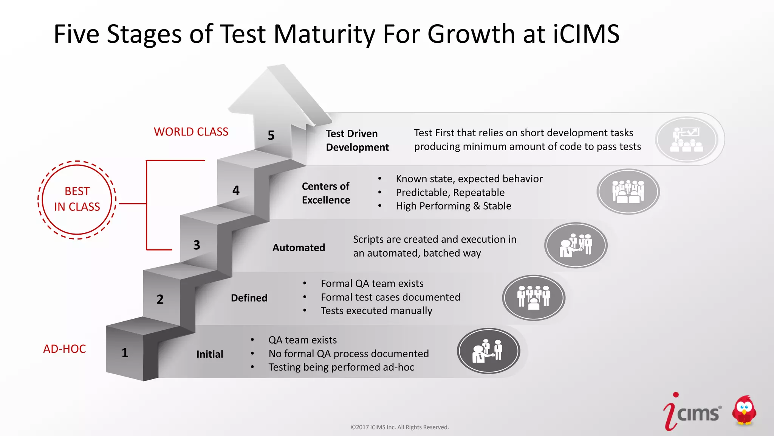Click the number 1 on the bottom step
(x=125, y=353)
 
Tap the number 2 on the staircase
(x=160, y=299)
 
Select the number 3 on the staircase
(x=197, y=245)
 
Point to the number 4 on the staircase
(x=236, y=190)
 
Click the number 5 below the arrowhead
(x=271, y=135)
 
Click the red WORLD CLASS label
(x=191, y=132)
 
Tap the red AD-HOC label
(x=65, y=349)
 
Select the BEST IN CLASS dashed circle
(x=77, y=199)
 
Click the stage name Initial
(x=210, y=354)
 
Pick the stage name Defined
(x=249, y=298)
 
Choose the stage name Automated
(x=299, y=248)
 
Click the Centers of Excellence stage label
(x=326, y=193)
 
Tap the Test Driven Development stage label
(x=357, y=140)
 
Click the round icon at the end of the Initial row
(x=488, y=351)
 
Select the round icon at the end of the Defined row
(x=534, y=297)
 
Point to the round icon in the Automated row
(x=576, y=245)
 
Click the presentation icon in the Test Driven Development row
(x=687, y=140)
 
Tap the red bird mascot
(x=744, y=411)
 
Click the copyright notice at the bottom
(x=399, y=427)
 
